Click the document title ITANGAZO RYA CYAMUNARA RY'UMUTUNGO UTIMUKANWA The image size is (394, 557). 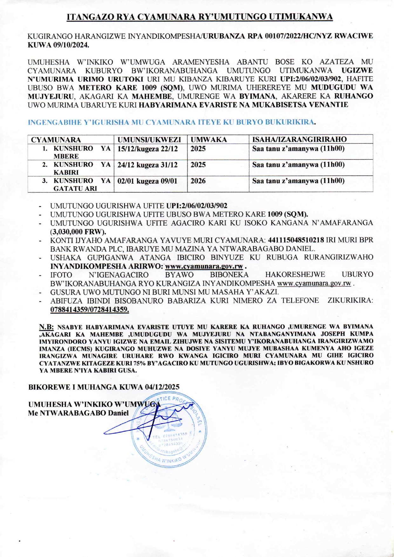[200, 17]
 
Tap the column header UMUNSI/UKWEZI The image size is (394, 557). [149, 139]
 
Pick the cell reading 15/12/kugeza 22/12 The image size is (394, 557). [147, 149]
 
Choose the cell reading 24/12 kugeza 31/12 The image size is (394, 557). [147, 165]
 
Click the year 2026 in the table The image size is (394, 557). [198, 181]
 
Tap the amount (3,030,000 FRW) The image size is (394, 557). [78, 231]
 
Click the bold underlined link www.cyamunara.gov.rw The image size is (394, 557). [204, 266]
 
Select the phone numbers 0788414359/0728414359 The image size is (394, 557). [90, 309]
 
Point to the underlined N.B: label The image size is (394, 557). [46, 327]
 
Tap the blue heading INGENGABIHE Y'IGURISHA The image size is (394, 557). [172, 122]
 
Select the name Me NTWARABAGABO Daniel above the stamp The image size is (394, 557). [78, 413]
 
